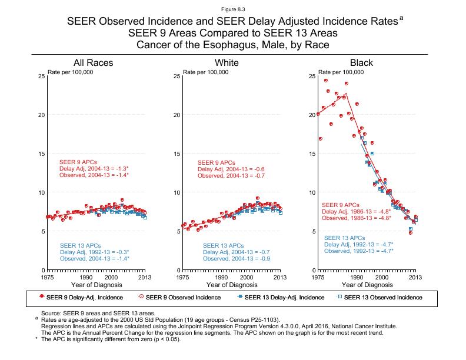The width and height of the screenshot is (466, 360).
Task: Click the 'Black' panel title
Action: tap(361, 63)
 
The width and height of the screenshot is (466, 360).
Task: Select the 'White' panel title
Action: tap(227, 63)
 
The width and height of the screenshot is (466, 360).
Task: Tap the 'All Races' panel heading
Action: tap(93, 63)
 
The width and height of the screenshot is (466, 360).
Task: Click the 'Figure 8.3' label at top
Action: tap(232, 9)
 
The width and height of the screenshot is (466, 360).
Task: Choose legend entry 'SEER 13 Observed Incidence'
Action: tap(382, 298)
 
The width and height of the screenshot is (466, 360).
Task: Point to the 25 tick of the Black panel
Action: tap(312, 76)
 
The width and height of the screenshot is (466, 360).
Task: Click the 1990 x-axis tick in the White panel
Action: tap(222, 277)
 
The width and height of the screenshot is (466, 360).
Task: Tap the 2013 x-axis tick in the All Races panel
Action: tap(145, 277)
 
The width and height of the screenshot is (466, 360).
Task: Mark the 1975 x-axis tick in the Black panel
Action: tap(318, 277)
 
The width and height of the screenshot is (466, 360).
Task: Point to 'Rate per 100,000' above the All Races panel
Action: tap(71, 72)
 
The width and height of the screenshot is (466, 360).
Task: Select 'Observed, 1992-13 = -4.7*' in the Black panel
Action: tap(358, 251)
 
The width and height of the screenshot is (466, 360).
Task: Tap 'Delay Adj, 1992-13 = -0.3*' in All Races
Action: tap(95, 252)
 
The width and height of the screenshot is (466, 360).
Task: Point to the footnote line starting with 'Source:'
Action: tap(98, 314)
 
